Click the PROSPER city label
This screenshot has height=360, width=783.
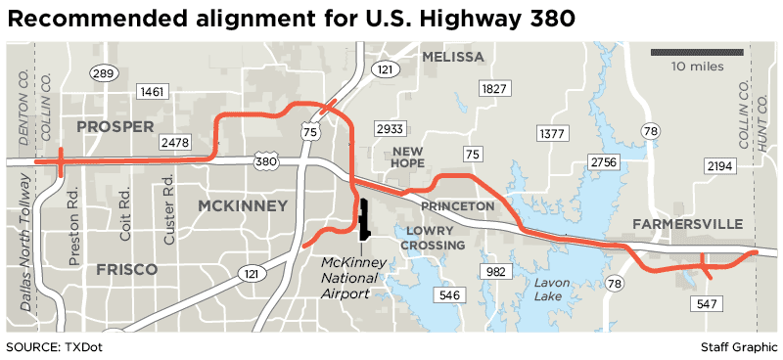click(x=115, y=126)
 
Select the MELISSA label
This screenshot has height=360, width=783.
click(x=453, y=57)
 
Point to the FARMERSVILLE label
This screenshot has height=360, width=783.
click(x=687, y=224)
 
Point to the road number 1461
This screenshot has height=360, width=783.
click(x=153, y=92)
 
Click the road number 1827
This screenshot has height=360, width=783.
click(x=493, y=89)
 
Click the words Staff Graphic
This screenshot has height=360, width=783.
click(x=738, y=347)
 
